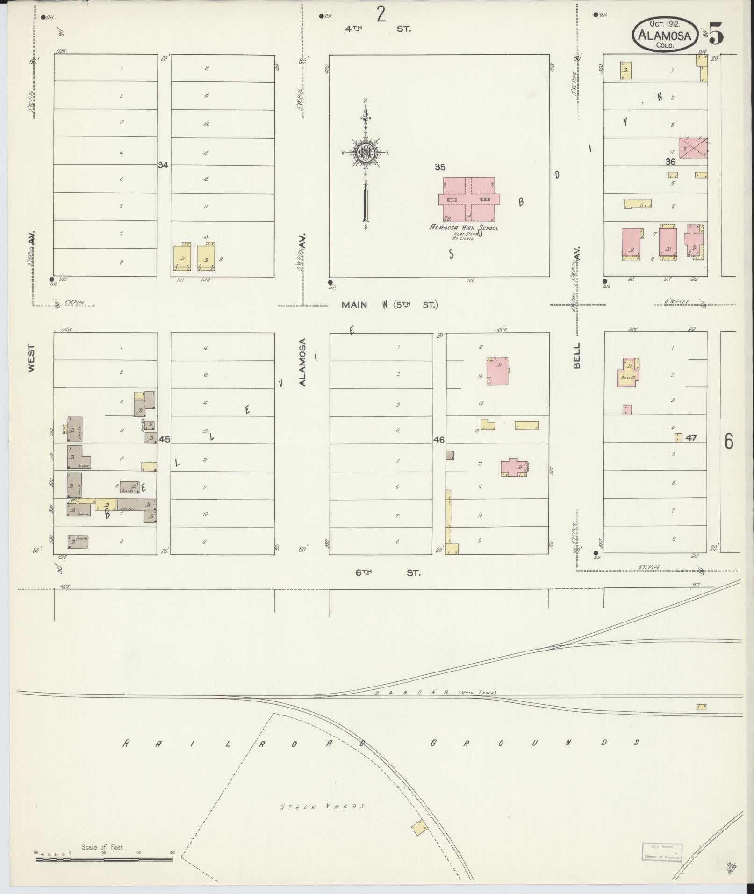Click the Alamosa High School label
[x=464, y=228]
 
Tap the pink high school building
[x=468, y=199]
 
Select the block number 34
[x=163, y=164]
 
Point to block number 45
[x=164, y=439]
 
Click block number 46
[x=439, y=440]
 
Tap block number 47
[x=691, y=438]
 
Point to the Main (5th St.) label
[x=389, y=305]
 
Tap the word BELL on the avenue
[x=576, y=356]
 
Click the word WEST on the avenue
[x=31, y=358]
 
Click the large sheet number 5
[x=716, y=33]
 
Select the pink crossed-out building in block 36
[x=693, y=148]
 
